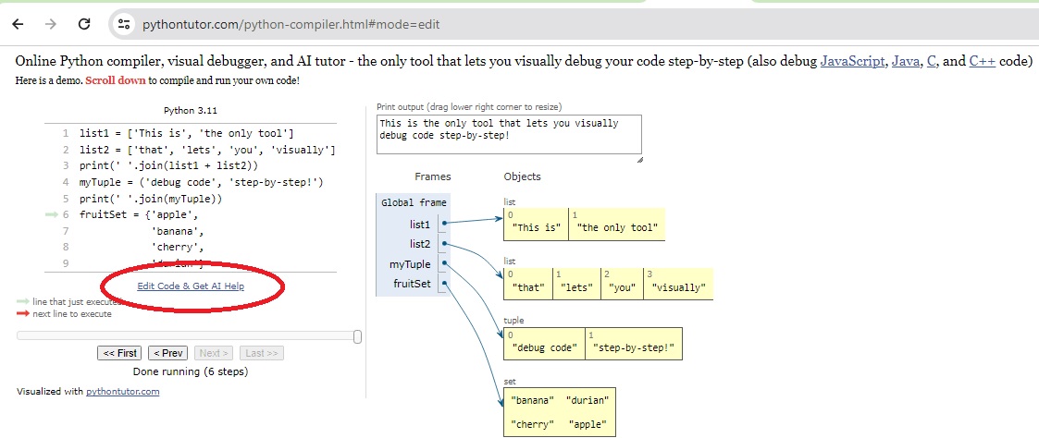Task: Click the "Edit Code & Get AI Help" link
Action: (191, 286)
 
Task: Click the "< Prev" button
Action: (167, 353)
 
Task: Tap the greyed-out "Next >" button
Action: (214, 353)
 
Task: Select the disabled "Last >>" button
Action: (262, 353)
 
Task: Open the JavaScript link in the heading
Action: (852, 62)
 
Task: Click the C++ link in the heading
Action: (982, 62)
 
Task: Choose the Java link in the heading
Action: (906, 62)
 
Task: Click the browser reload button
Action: (84, 24)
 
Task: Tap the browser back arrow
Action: (18, 24)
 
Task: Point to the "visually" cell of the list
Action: (678, 284)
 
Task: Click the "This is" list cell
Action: (536, 224)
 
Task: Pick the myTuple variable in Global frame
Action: (410, 264)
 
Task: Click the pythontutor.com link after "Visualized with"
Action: (122, 391)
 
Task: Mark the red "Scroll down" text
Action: (116, 81)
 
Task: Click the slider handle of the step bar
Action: (358, 336)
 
